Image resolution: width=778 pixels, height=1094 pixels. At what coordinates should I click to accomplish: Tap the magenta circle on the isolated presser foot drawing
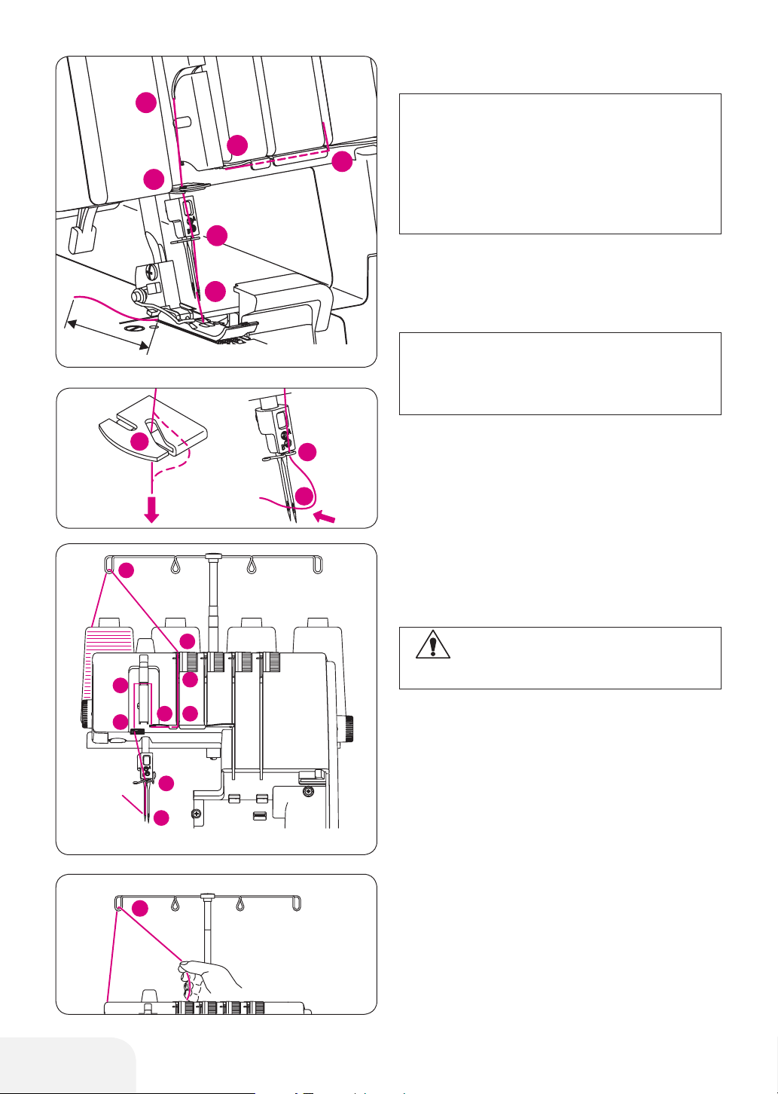pos(139,442)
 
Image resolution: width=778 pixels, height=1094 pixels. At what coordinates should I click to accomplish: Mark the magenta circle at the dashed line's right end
pos(343,160)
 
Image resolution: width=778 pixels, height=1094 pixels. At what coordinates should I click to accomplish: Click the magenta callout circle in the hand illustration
pos(137,909)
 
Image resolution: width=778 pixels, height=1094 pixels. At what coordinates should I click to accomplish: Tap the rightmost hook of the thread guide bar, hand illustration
pos(296,903)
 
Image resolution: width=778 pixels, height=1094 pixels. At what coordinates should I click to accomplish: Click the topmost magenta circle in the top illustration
pos(145,102)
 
